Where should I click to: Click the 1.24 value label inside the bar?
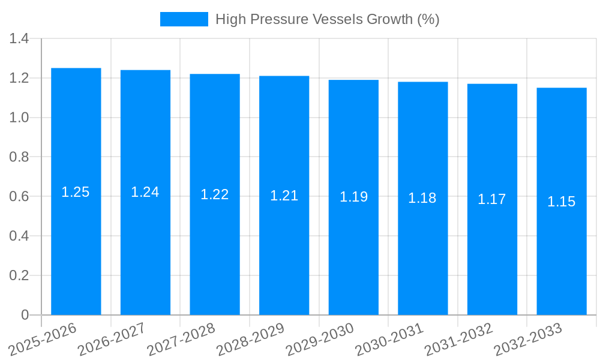point(145,192)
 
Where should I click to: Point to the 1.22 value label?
point(215,194)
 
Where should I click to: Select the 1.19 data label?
point(353,197)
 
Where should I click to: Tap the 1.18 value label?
point(422,198)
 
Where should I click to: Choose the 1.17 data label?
point(492,199)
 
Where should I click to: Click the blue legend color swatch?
point(184,19)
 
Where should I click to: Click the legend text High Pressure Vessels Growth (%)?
point(327,19)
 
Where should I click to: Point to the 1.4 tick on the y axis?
point(19,39)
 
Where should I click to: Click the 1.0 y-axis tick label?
point(19,118)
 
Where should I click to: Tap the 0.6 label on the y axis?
point(19,197)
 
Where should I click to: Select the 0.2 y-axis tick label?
point(19,275)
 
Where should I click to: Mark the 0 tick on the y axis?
point(25,315)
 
